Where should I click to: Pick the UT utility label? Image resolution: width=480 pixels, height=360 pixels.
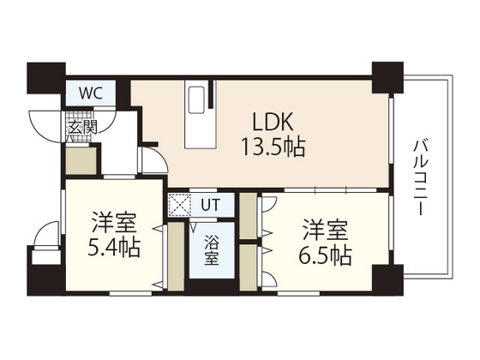click(210, 204)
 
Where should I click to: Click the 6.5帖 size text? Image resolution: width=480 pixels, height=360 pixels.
click(324, 255)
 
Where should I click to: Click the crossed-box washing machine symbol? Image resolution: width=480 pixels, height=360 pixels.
click(180, 205)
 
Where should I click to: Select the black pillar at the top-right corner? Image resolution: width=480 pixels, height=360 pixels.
click(387, 78)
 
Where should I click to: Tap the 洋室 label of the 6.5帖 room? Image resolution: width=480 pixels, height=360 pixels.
click(324, 230)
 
